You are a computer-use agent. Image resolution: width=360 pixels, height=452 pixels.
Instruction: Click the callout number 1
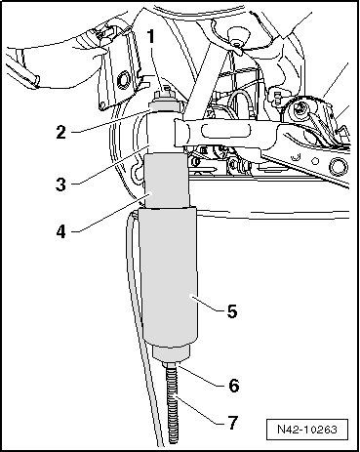150,36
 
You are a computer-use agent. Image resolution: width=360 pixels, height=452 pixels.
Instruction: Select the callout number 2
60,132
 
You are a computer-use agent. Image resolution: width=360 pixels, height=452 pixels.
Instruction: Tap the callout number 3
60,184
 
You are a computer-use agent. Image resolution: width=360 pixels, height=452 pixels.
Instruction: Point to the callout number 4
60,232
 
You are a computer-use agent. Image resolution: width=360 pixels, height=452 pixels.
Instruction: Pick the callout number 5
232,311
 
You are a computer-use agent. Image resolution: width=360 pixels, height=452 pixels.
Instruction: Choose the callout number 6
233,386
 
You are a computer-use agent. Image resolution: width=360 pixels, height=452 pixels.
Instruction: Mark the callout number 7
232,423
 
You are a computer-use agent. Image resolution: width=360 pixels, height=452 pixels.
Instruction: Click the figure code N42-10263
307,430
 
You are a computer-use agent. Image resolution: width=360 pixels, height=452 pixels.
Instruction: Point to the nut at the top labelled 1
166,94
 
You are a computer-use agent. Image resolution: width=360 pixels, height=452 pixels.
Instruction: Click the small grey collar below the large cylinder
172,353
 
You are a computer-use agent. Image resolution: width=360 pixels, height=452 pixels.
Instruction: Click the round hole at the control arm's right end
337,166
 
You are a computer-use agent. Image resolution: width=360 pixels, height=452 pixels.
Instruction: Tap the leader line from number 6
200,376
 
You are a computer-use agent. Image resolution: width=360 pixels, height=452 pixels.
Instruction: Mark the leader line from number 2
110,121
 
